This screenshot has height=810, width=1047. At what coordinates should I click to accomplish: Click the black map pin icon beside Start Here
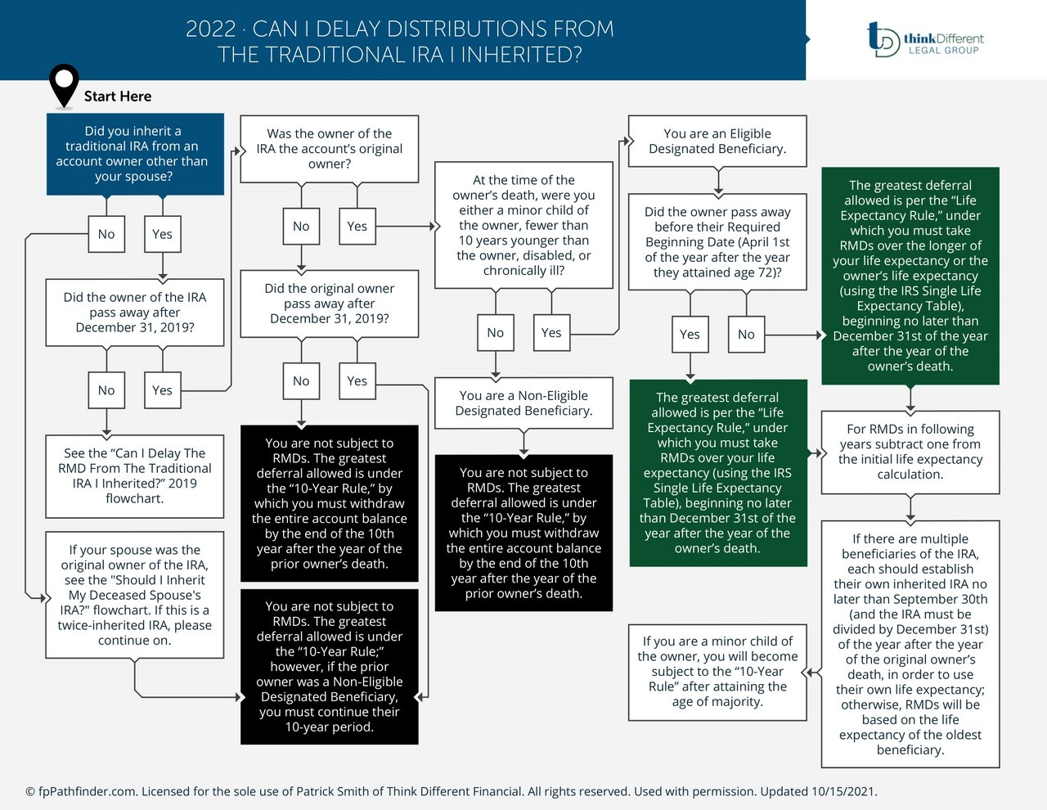click(64, 84)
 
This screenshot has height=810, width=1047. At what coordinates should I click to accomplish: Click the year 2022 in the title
click(210, 29)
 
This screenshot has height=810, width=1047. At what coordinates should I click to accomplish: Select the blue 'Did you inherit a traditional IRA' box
click(135, 154)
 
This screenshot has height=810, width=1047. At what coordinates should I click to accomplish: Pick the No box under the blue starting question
click(106, 234)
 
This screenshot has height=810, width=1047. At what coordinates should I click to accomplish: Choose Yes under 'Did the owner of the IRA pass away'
click(162, 390)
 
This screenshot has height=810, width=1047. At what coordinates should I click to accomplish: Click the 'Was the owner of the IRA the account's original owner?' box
click(329, 149)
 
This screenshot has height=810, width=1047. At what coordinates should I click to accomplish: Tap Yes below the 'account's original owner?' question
click(357, 227)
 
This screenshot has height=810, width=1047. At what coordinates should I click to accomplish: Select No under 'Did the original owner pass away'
click(301, 381)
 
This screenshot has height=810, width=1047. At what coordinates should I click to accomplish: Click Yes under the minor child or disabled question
click(551, 333)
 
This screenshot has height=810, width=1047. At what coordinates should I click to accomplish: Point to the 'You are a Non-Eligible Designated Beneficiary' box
click(523, 403)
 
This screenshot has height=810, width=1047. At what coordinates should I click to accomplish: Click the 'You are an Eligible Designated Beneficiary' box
click(717, 141)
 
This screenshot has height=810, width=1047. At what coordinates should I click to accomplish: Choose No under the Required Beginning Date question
click(746, 335)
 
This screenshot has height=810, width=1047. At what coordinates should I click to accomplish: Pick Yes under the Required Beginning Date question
click(690, 335)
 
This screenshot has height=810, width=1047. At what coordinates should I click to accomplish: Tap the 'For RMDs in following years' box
click(910, 452)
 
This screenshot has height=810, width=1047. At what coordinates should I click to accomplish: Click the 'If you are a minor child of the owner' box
click(717, 672)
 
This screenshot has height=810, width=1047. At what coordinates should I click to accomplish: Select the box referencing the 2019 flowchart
click(135, 475)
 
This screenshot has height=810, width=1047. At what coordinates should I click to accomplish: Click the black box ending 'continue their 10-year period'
click(329, 666)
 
